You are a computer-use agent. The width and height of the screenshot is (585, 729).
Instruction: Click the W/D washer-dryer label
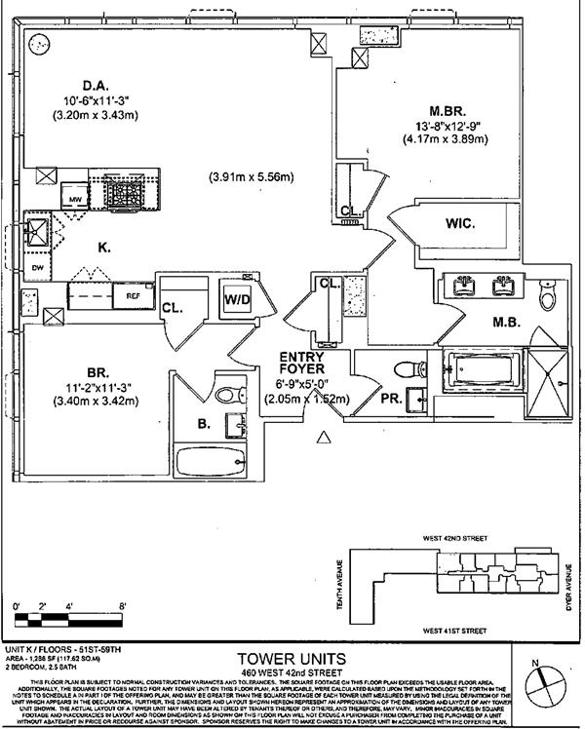click(237, 298)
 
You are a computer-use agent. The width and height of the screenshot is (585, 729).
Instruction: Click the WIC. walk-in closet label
click(460, 223)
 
